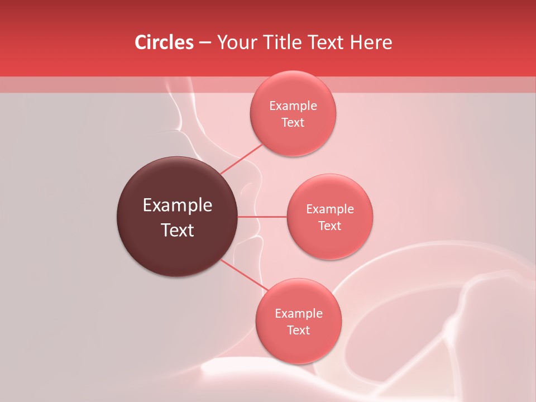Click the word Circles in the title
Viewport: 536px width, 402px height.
164,42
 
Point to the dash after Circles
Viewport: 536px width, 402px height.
205,43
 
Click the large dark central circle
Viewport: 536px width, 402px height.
178,217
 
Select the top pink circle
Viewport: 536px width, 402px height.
293,113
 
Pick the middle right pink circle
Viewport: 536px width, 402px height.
330,217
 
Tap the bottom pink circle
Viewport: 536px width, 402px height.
299,322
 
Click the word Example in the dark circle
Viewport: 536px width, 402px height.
178,205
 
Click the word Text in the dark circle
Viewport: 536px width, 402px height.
178,230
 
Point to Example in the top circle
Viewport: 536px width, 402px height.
293,106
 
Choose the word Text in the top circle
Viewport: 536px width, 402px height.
293,122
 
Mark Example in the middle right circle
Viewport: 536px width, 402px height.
330,209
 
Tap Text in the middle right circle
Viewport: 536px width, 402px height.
330,226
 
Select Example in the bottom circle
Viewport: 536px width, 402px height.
299,314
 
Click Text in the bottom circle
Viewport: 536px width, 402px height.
299,330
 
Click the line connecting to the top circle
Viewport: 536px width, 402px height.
241,159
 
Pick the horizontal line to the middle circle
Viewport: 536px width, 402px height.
262,217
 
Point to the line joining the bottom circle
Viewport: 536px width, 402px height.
245,275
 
